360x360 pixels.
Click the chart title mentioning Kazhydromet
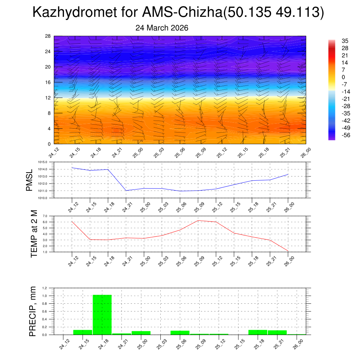tap(178, 13)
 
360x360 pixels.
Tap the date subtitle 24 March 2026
tap(162, 28)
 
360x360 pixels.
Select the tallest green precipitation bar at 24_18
tap(102, 315)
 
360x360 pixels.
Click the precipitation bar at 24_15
tap(83, 332)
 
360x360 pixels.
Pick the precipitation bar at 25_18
tap(258, 332)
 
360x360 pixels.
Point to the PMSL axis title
tap(30, 180)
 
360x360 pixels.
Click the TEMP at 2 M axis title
tap(34, 234)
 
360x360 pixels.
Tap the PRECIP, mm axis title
tap(33, 311)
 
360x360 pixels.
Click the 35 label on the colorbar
tap(345, 41)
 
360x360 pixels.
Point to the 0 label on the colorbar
tap(343, 77)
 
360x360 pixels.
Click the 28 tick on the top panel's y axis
tap(48, 36)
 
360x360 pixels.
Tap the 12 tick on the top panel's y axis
tap(48, 98)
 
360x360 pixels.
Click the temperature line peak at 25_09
tap(198, 220)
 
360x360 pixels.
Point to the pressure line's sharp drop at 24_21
tap(126, 191)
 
